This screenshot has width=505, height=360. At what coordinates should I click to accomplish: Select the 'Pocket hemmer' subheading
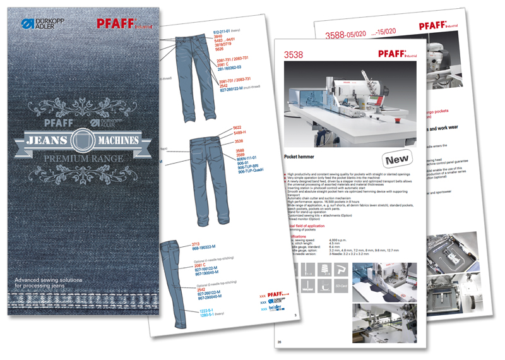click(x=302, y=155)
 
